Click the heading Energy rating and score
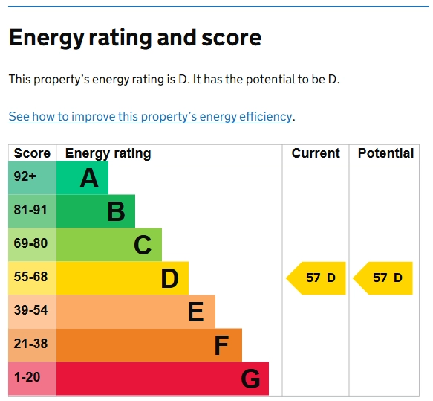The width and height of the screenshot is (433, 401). [x=135, y=37]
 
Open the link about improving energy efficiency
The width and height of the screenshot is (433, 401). [x=150, y=117]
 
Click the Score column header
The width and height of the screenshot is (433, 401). [x=32, y=153]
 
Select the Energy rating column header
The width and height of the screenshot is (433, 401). [x=108, y=153]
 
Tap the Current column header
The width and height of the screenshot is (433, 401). [x=315, y=153]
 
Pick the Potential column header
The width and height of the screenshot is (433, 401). [x=385, y=153]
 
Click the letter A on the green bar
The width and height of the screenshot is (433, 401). [x=89, y=179]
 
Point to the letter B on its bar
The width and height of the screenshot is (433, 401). [x=116, y=212]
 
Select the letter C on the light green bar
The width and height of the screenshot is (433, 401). [x=143, y=245]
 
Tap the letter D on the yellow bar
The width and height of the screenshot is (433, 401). [x=169, y=278]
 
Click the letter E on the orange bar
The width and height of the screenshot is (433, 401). [x=195, y=312]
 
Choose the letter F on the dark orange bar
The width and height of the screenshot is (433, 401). [x=221, y=345]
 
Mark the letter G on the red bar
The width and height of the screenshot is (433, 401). [x=250, y=379]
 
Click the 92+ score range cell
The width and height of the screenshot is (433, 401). [x=25, y=177]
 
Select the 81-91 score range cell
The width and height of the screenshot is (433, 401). [x=30, y=211]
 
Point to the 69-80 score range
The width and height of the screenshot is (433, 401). [x=30, y=244]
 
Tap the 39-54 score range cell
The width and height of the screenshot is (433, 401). [x=30, y=311]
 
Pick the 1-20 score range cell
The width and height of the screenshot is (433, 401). [x=28, y=378]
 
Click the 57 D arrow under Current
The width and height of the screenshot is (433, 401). [x=317, y=278]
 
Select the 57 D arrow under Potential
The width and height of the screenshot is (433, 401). [x=384, y=278]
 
